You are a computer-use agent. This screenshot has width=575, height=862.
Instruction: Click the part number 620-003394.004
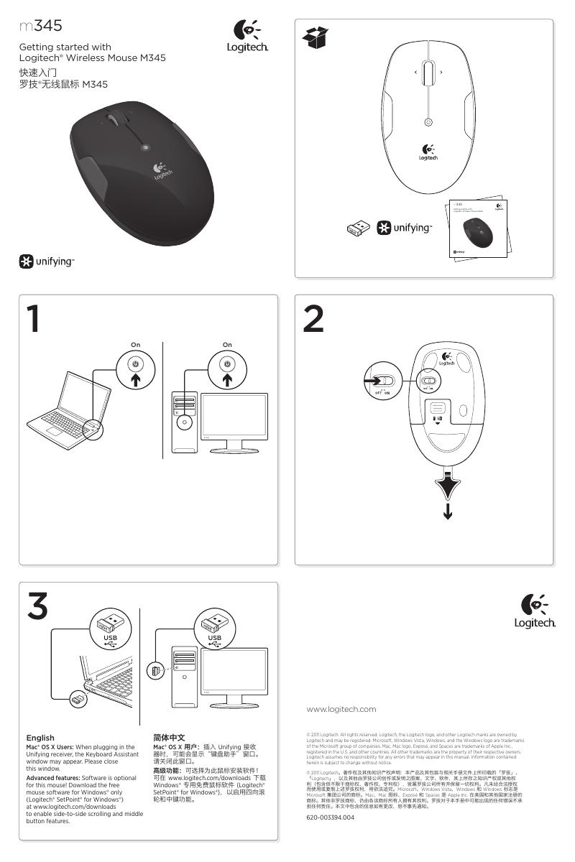pos(331,817)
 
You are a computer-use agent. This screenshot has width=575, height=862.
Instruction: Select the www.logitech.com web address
pos(341,709)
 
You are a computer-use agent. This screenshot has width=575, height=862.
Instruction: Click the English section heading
pos(40,738)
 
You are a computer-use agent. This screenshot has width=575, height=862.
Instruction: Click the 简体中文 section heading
pos(170,738)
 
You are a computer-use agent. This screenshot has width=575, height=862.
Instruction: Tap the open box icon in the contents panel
pos(316,38)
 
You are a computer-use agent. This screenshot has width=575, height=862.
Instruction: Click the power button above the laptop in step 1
pos(135,365)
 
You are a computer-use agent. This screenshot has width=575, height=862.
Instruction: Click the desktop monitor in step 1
pos(234,422)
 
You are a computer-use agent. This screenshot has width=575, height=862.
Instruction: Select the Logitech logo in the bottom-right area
pos(534,610)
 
